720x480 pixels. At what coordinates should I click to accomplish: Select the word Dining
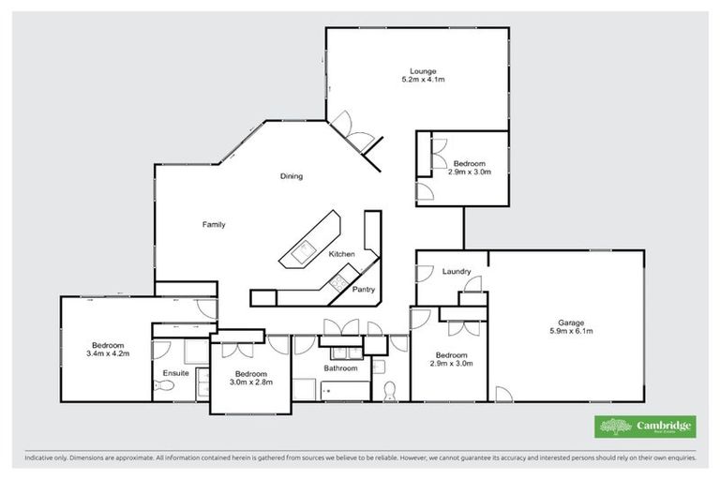pyautogui.click(x=292, y=176)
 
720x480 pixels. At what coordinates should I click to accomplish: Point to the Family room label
pyautogui.click(x=214, y=225)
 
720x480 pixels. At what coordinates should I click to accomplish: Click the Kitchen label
pyautogui.click(x=340, y=255)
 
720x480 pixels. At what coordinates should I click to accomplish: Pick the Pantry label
pyautogui.click(x=364, y=290)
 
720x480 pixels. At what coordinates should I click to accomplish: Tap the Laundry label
pyautogui.click(x=456, y=272)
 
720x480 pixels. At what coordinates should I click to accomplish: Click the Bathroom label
pyautogui.click(x=341, y=368)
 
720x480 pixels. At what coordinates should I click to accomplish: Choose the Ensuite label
pyautogui.click(x=176, y=373)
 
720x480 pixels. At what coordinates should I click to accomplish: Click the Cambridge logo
pyautogui.click(x=645, y=427)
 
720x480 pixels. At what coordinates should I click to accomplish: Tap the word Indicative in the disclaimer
pyautogui.click(x=38, y=459)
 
